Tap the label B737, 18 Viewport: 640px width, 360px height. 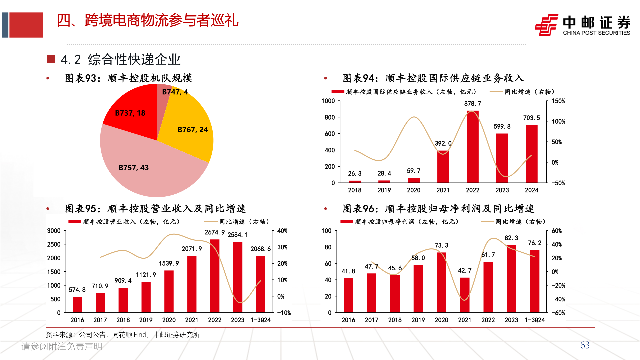tap(130, 113)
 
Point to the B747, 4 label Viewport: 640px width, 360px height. tap(175, 92)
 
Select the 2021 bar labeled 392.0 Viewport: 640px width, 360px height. tap(443, 167)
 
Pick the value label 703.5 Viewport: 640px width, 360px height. tap(531, 118)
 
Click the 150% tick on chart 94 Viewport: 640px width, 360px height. tap(558, 101)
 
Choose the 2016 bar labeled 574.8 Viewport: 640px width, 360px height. tap(77, 305)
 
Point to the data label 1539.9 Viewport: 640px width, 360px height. tap(169, 264)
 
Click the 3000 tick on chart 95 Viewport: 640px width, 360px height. tap(54, 231)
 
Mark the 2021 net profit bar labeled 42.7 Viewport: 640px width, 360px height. tap(465, 295)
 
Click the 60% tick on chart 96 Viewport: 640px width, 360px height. tap(557, 231)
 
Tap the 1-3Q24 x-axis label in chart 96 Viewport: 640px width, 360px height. tap(535, 320)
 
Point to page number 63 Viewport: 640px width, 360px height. tap(585, 345)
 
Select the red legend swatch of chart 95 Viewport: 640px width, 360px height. tap(75, 222)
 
